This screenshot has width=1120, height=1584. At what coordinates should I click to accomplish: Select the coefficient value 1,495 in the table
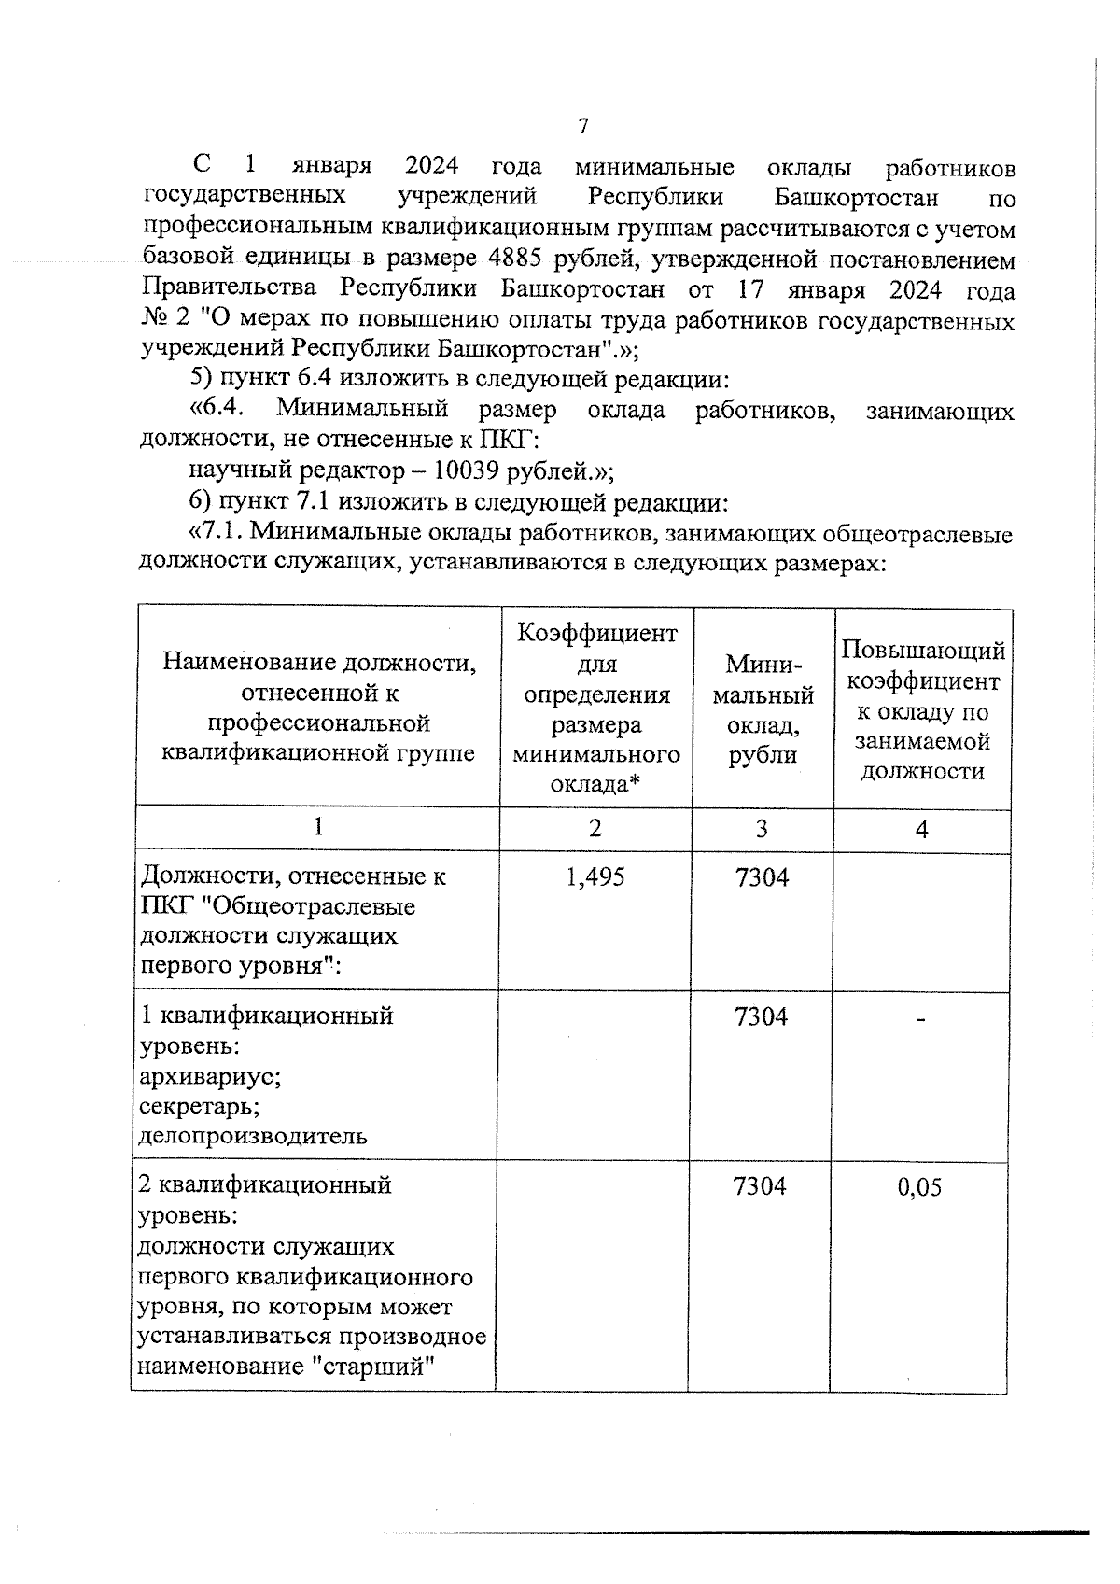(595, 877)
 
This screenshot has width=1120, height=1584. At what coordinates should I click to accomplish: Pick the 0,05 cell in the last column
(919, 1187)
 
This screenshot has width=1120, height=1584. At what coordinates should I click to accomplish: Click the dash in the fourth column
(920, 1021)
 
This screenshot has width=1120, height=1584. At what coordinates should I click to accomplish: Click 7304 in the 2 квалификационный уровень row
(761, 1185)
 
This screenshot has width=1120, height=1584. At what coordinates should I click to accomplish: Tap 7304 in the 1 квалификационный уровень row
(761, 1016)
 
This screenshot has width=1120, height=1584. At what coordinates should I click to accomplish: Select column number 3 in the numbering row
(762, 828)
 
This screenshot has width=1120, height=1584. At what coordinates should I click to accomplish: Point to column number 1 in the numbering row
(319, 827)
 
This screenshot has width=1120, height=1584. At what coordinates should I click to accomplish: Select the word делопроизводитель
(252, 1136)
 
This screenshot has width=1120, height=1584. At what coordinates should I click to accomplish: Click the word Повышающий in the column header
(922, 650)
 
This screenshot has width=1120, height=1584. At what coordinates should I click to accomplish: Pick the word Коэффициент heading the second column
(597, 634)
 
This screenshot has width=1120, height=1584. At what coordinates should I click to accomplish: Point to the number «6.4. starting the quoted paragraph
(217, 410)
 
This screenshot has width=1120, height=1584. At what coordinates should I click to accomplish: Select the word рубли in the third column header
(763, 756)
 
